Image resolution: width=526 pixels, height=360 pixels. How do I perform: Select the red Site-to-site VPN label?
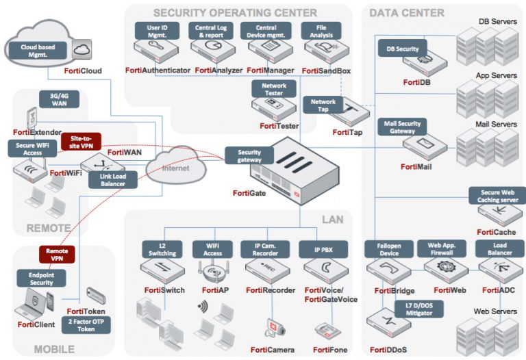click(x=81, y=142)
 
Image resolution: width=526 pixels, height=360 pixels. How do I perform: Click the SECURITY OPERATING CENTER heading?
click(x=235, y=13)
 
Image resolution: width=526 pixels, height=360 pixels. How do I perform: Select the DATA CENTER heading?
click(x=406, y=13)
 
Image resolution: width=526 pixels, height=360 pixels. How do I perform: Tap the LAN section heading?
click(x=332, y=219)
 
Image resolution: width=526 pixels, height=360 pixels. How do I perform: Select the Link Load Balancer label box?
click(x=103, y=180)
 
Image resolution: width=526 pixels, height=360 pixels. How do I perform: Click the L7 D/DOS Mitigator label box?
click(x=418, y=309)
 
